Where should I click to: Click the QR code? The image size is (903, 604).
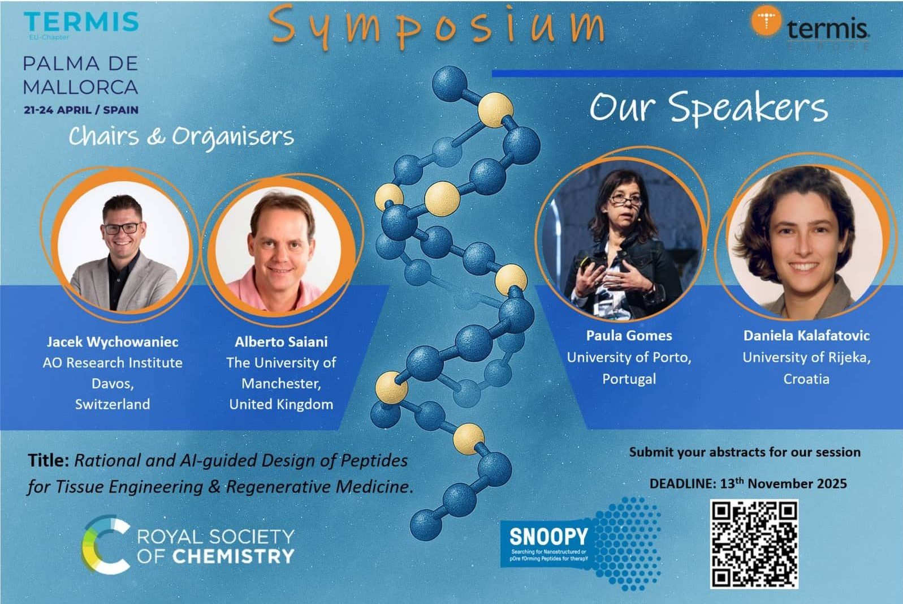pyautogui.click(x=754, y=543)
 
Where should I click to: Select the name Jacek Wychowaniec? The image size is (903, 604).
pyautogui.click(x=113, y=342)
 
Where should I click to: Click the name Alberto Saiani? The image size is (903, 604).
pyautogui.click(x=281, y=342)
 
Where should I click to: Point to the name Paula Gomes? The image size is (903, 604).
pyautogui.click(x=629, y=336)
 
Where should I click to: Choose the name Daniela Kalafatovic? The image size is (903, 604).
pyautogui.click(x=806, y=336)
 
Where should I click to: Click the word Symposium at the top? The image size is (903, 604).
pyautogui.click(x=437, y=25)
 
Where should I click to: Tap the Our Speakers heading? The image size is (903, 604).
pyautogui.click(x=708, y=108)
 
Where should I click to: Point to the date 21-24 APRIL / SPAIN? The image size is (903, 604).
pyautogui.click(x=81, y=110)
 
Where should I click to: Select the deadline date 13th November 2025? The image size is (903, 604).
pyautogui.click(x=783, y=483)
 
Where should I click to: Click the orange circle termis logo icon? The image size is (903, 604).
pyautogui.click(x=766, y=22)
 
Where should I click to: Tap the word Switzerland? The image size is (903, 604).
pyautogui.click(x=113, y=404)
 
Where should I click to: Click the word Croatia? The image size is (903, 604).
pyautogui.click(x=806, y=379)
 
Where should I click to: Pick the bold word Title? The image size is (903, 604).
pyautogui.click(x=49, y=460)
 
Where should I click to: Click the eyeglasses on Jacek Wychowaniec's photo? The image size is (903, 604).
pyautogui.click(x=121, y=228)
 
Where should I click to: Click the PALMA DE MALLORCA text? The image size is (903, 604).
pyautogui.click(x=80, y=75)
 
